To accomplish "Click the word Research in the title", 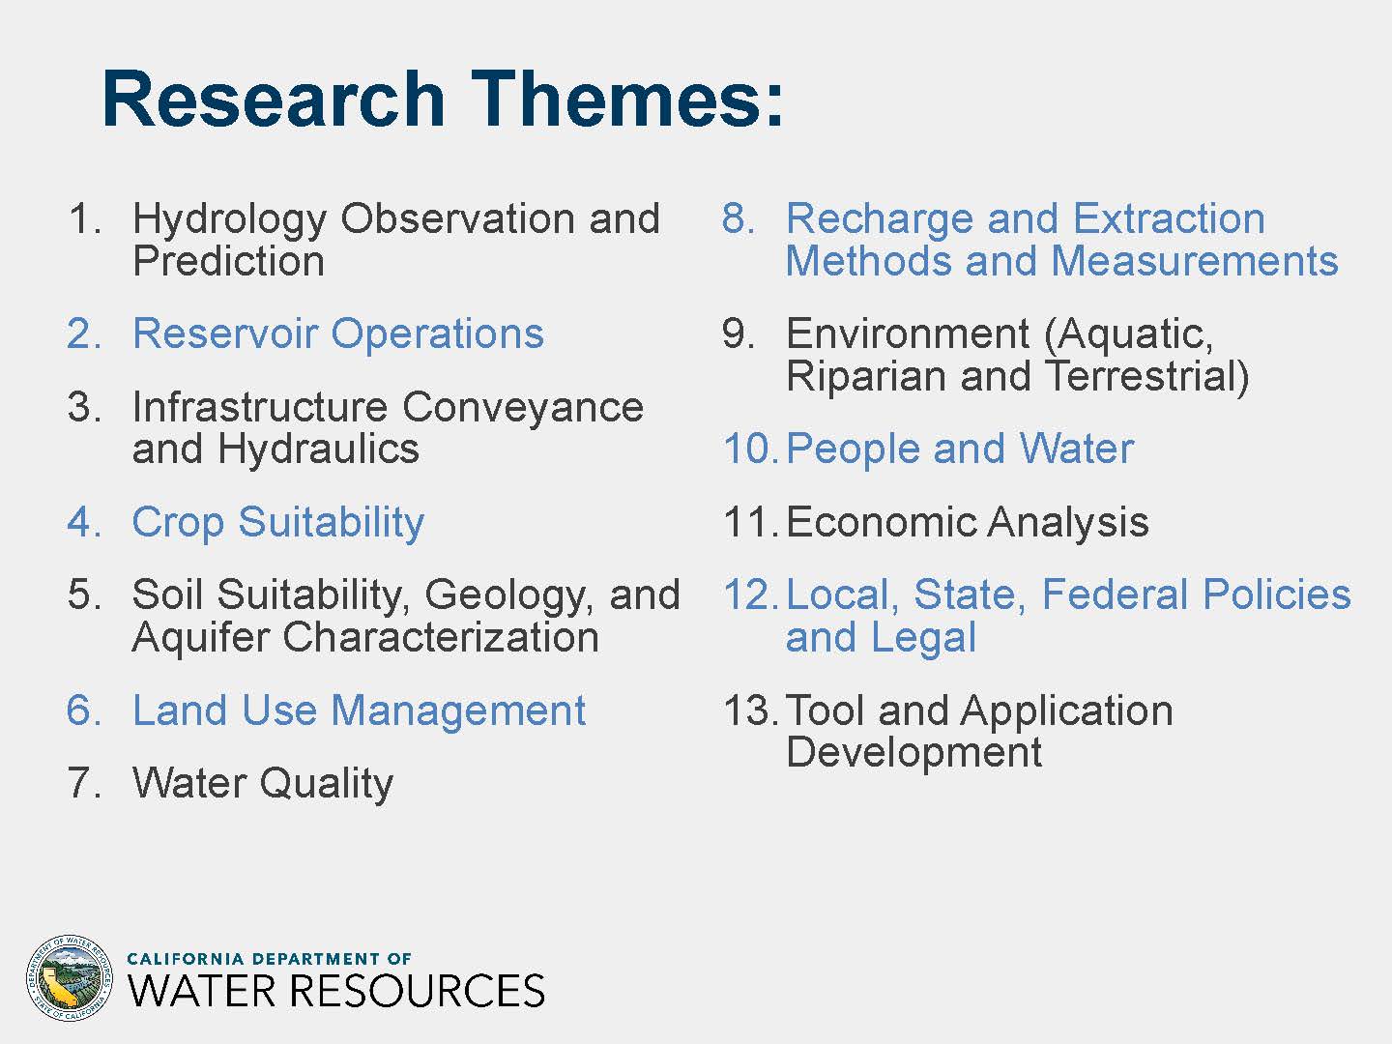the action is (x=274, y=100).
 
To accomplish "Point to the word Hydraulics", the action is (x=318, y=449).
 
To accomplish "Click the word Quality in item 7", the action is (x=327, y=785).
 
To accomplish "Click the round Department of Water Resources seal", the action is (x=70, y=977).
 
